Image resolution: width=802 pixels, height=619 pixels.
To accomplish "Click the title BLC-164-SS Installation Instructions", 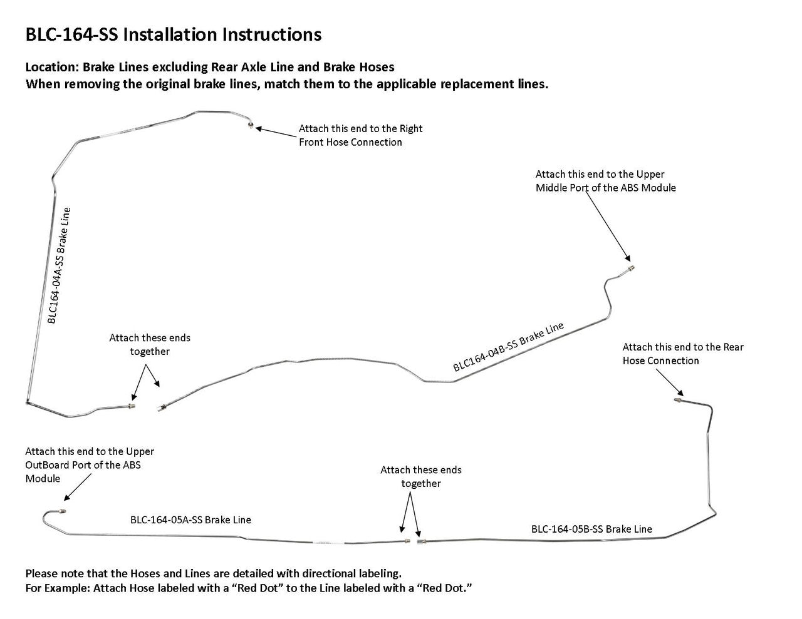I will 174,34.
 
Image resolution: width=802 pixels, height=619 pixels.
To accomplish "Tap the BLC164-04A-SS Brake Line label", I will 59,265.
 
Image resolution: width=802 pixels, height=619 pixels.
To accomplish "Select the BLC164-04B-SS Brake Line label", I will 508,347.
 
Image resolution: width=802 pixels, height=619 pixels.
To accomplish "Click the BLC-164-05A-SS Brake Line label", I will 190,519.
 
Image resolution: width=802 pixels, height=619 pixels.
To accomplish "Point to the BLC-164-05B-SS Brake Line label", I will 591,529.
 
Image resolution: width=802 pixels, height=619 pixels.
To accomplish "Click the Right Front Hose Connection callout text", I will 360,135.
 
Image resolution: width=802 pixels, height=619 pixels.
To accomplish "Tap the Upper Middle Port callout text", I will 605,181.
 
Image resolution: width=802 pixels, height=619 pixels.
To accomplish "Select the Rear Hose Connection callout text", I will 683,354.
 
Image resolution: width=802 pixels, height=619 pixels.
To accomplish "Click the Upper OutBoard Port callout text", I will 90,464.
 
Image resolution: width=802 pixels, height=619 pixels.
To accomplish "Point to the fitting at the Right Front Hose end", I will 251,125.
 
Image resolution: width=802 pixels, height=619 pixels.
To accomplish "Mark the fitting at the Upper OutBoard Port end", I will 65,511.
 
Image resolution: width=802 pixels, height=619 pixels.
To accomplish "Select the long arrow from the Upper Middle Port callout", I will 608,225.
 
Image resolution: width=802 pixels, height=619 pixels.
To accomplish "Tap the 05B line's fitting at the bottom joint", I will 421,540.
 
